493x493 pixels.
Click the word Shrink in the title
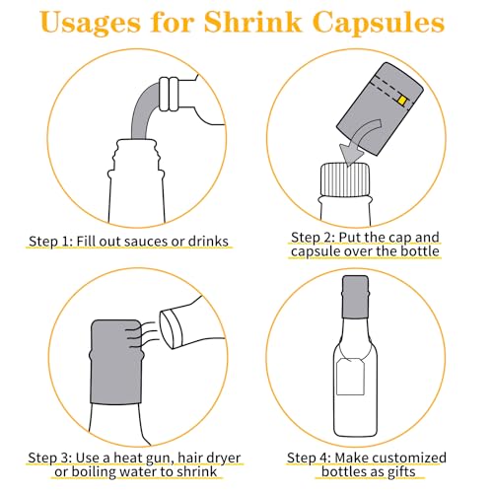(x=252, y=22)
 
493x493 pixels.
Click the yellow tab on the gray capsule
(x=402, y=100)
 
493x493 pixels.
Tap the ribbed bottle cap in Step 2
(x=345, y=180)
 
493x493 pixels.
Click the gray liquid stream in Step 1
(x=142, y=108)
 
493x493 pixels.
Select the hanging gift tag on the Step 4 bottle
(x=350, y=377)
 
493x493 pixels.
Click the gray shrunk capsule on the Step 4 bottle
(x=355, y=297)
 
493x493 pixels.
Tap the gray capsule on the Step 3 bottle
(x=116, y=362)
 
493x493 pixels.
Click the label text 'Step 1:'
(x=50, y=241)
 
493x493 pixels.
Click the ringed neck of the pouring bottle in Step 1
(x=169, y=94)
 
